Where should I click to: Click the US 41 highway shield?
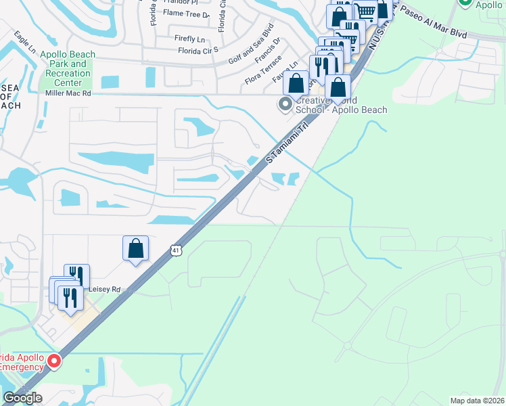pyautogui.click(x=175, y=250)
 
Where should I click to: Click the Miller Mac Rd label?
pyautogui.click(x=68, y=93)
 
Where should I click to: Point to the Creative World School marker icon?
pyautogui.click(x=285, y=104)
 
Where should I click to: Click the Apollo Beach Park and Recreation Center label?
pyautogui.click(x=65, y=68)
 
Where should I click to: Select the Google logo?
pyautogui.click(x=22, y=398)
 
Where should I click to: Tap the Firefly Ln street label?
pyautogui.click(x=189, y=39)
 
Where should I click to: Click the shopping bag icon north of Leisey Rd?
pyautogui.click(x=135, y=248)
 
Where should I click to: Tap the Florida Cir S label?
pyautogui.click(x=198, y=50)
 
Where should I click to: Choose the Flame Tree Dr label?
pyautogui.click(x=186, y=13)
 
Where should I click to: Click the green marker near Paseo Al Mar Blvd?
pyautogui.click(x=465, y=2)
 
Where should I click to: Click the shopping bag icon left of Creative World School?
pyautogui.click(x=296, y=84)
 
